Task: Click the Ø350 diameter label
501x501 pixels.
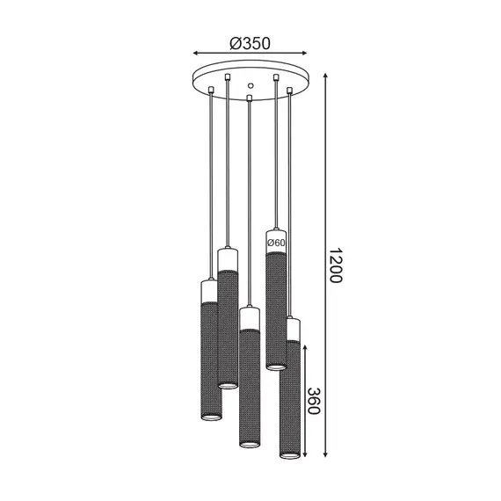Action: (x=249, y=41)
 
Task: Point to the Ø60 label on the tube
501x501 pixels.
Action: (x=276, y=242)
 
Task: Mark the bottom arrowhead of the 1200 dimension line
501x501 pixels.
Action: (x=327, y=455)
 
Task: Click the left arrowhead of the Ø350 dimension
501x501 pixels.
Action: (x=196, y=52)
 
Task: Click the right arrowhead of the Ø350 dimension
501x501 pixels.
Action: (x=303, y=52)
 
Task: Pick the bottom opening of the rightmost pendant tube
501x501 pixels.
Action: (x=290, y=454)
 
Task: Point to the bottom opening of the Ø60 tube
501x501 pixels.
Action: (x=276, y=366)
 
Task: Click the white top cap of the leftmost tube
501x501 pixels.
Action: (x=209, y=289)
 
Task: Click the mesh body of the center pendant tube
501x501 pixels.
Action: (x=250, y=387)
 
